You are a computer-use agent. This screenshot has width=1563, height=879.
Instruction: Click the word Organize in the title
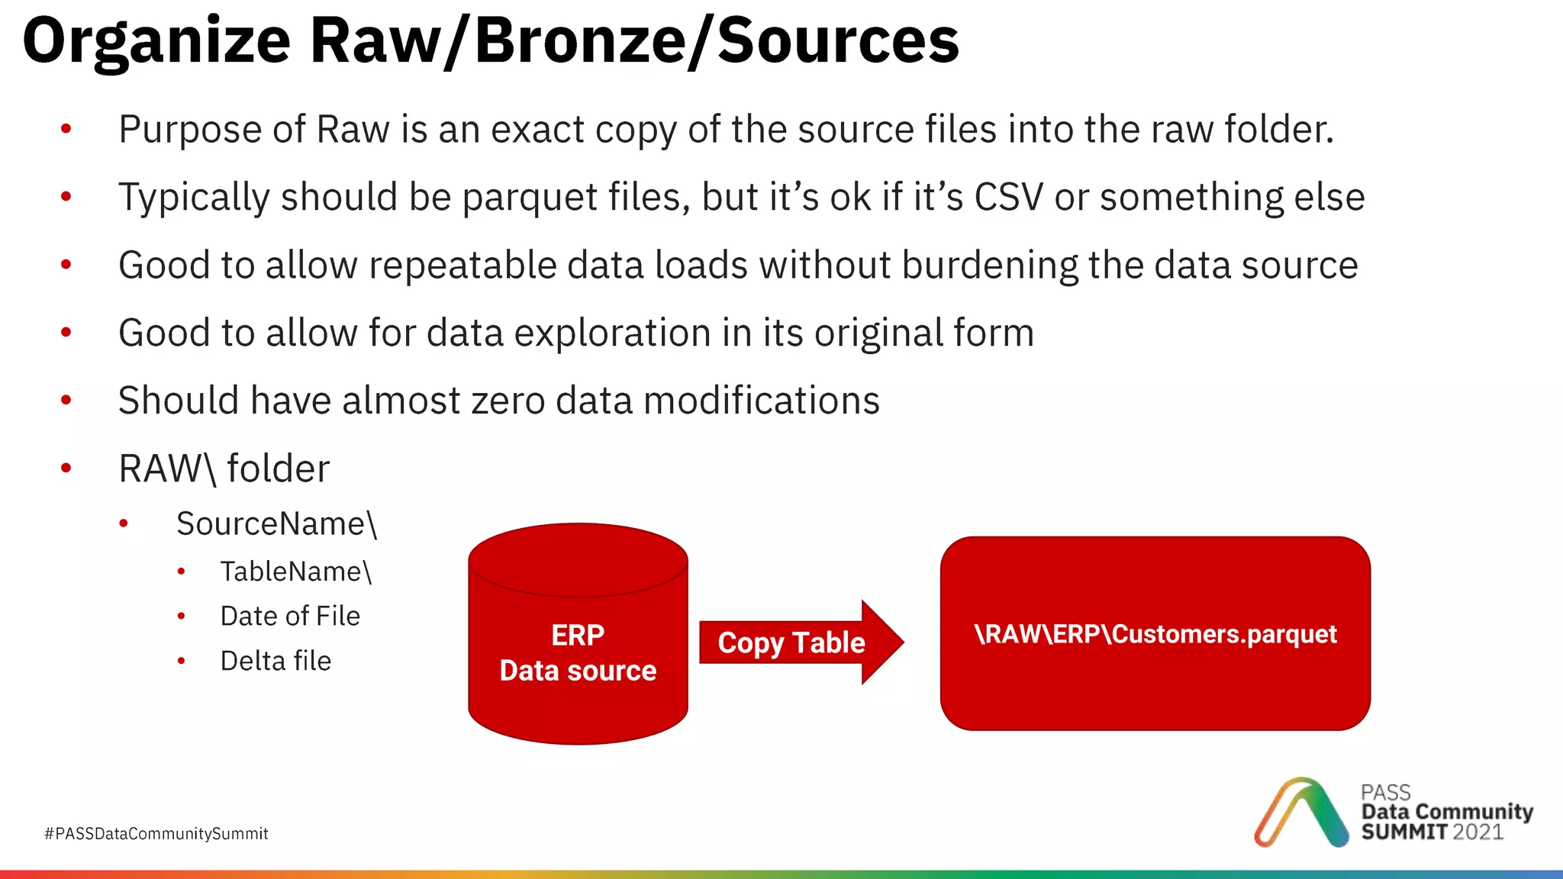[156, 42]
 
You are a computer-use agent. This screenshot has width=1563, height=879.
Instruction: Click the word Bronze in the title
[580, 42]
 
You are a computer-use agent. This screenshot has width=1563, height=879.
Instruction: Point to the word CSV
[1007, 197]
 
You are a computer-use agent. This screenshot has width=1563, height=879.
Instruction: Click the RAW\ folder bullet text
[224, 468]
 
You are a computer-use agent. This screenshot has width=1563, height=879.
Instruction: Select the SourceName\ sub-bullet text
[276, 524]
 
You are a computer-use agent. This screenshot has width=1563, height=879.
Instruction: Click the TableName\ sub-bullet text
[295, 572]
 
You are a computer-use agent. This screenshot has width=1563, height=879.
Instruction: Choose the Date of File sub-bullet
[290, 616]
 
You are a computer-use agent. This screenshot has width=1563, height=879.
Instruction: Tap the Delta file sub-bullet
[276, 661]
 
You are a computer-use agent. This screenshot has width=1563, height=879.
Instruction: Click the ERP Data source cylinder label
[578, 653]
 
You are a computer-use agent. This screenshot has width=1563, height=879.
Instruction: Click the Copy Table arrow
[792, 642]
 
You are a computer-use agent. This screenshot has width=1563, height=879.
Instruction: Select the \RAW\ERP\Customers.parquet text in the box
[1155, 634]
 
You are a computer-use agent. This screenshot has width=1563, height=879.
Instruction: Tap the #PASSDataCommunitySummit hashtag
[156, 833]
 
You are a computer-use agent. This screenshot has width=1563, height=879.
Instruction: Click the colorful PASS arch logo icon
[1300, 813]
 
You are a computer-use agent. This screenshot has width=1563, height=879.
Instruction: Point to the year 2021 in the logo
[1478, 832]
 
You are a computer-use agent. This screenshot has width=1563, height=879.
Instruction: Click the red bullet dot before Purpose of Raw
[66, 129]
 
